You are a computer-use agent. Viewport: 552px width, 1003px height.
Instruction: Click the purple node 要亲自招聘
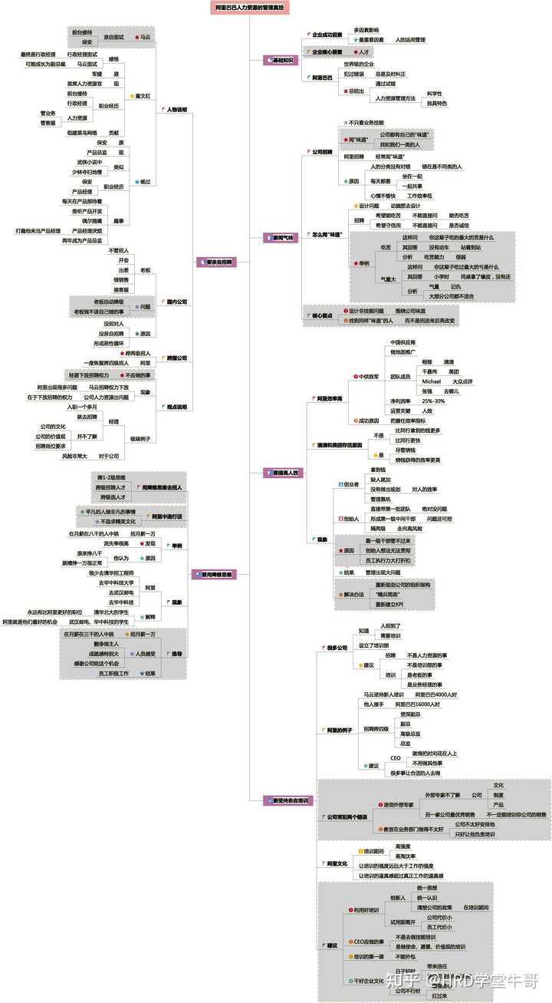(218, 262)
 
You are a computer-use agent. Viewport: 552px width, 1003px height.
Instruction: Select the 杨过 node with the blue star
(143, 182)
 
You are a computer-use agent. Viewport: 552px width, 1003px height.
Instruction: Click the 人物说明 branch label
(176, 110)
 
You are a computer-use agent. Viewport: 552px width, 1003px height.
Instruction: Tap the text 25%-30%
(433, 400)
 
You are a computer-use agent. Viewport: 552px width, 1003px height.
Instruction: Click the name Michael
(432, 381)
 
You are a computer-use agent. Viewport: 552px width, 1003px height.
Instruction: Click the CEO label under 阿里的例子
(396, 757)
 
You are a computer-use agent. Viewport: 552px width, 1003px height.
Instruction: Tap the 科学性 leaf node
(435, 93)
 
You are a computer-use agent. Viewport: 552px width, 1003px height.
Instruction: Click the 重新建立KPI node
(396, 605)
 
